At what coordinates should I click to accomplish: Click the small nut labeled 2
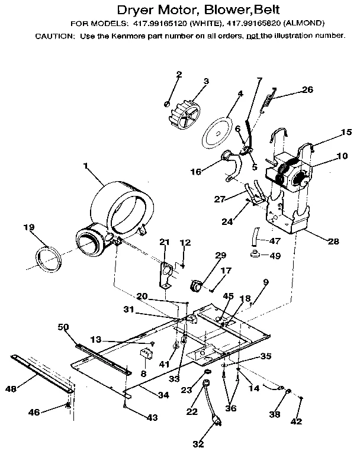pyautogui.click(x=168, y=104)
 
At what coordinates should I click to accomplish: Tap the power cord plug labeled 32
pyautogui.click(x=217, y=424)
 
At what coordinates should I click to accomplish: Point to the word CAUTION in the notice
pyautogui.click(x=54, y=36)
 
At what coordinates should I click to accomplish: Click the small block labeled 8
pyautogui.click(x=145, y=356)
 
